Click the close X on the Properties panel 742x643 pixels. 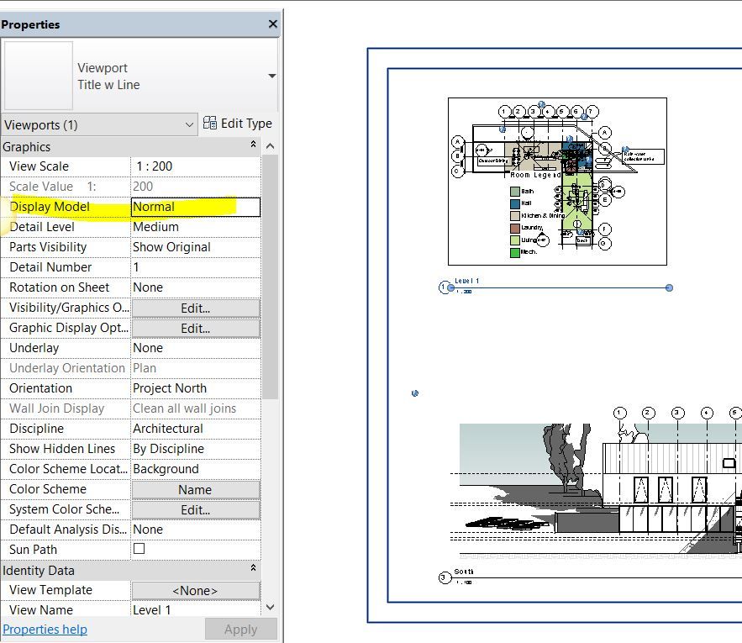point(272,24)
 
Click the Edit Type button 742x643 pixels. point(238,124)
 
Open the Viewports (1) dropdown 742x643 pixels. point(99,125)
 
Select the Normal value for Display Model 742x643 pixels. point(195,207)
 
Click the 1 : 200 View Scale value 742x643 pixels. point(195,166)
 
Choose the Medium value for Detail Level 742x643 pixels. point(195,227)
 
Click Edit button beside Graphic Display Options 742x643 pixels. point(195,329)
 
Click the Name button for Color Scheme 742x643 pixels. point(195,490)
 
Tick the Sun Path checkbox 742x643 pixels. point(139,549)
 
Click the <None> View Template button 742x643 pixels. point(195,591)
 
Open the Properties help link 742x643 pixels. point(45,630)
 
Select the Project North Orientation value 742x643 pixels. point(195,388)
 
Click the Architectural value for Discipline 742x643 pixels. point(195,429)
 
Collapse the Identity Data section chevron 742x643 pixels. point(253,570)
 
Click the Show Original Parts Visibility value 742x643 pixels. point(195,247)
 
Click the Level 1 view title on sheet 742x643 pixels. point(466,282)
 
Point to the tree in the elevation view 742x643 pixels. point(561,458)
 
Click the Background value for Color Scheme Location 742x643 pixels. point(195,469)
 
